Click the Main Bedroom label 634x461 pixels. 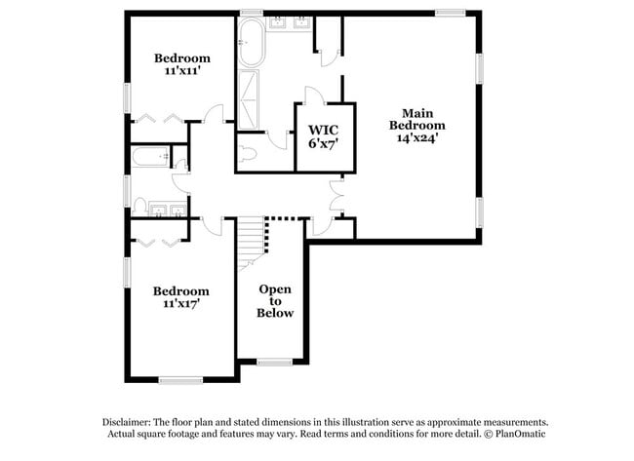[x=416, y=118]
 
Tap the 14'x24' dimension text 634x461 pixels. [x=416, y=137]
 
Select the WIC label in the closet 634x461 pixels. [x=323, y=130]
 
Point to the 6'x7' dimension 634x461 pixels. [x=323, y=144]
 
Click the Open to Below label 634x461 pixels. [x=275, y=301]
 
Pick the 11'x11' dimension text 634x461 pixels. [x=182, y=71]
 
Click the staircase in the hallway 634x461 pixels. [x=253, y=238]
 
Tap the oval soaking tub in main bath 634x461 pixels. [x=250, y=48]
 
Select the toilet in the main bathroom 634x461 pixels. [x=247, y=153]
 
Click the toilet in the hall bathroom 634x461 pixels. [x=141, y=206]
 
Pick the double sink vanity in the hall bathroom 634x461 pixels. [x=171, y=210]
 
